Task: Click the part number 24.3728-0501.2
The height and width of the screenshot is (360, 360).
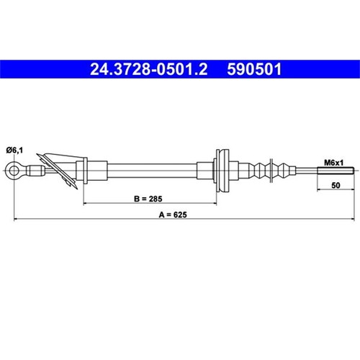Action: [149, 69]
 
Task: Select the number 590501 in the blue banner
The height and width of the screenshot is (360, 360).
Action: [254, 69]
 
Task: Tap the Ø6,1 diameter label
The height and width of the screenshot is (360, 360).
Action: [14, 150]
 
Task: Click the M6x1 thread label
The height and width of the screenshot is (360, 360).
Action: [334, 163]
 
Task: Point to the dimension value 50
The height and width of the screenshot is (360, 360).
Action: [336, 185]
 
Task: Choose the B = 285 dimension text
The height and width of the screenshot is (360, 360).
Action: [148, 199]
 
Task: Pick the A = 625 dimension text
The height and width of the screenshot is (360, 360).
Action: [173, 215]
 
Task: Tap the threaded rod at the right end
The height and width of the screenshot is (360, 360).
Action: [336, 171]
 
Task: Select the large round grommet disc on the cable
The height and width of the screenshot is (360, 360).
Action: [222, 171]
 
